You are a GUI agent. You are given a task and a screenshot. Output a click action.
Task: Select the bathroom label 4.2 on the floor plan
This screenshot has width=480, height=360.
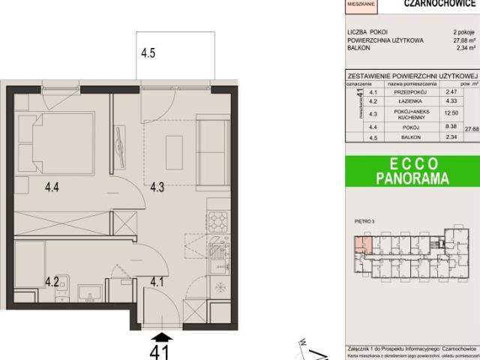[x=51, y=282]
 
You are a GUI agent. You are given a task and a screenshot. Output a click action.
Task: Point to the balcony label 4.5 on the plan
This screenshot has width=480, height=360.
[x=148, y=53]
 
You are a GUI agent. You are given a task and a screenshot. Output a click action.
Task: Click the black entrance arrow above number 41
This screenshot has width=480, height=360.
[x=161, y=335]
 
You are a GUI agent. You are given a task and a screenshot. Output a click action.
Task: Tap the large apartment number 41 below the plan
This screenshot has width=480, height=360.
[x=160, y=350]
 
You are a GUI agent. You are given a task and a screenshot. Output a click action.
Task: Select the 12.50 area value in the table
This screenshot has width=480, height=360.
[x=450, y=113]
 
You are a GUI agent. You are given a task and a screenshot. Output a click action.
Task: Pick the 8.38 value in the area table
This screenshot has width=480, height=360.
[x=450, y=127]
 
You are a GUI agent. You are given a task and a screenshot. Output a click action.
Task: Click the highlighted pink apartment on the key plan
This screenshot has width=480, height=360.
[x=362, y=244]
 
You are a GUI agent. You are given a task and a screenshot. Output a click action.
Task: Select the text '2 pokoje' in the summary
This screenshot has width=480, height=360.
[x=464, y=32]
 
